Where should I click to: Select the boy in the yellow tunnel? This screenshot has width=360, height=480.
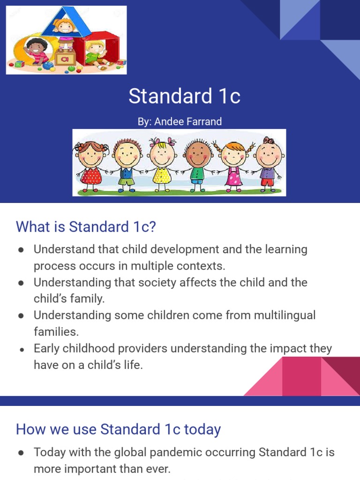(x=35, y=52)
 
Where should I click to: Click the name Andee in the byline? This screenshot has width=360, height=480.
(x=167, y=122)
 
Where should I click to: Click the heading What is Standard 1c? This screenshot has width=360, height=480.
(x=86, y=227)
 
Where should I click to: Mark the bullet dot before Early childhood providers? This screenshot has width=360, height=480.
(x=21, y=349)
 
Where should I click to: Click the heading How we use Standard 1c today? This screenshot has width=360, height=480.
(x=118, y=429)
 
